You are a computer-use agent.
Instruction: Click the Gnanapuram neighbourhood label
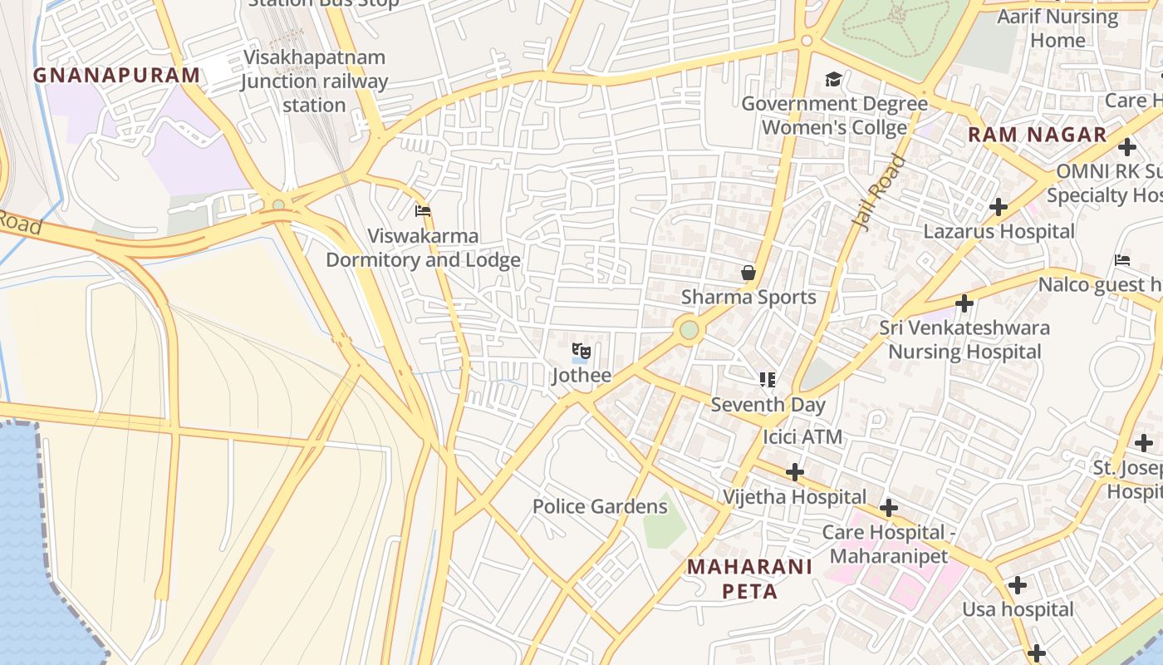(116, 76)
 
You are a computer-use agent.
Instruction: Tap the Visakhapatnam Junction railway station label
(314, 81)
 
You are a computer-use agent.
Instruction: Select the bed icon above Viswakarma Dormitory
(423, 211)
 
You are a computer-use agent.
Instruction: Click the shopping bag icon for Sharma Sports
(748, 273)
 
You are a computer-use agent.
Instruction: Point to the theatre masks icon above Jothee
(581, 352)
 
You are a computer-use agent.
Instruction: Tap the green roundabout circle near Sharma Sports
(689, 330)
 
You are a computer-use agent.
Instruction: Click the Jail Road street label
(879, 192)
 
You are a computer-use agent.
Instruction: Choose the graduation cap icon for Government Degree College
(833, 80)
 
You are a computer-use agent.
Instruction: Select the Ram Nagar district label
(1038, 135)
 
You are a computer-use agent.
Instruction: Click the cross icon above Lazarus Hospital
(999, 207)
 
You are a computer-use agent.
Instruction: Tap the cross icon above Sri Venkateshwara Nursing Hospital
(964, 303)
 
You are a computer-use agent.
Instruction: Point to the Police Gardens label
(600, 506)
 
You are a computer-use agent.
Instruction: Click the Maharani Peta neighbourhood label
(749, 579)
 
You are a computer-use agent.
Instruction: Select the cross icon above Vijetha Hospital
(795, 473)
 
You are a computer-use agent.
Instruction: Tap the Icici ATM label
(802, 437)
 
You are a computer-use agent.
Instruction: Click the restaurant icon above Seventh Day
(768, 380)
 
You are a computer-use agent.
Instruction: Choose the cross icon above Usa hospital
(1017, 585)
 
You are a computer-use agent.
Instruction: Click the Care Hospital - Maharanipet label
(884, 544)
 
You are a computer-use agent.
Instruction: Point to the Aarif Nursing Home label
(1057, 28)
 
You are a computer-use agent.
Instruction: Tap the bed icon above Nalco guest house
(1122, 260)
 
